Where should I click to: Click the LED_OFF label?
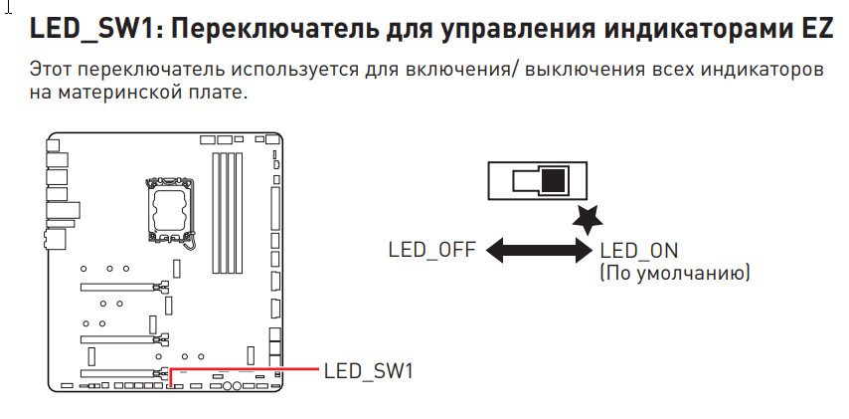point(432,249)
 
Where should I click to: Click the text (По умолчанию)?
point(674,272)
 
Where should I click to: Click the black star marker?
point(590,216)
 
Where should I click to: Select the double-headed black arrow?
point(538,251)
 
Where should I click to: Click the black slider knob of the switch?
point(553,180)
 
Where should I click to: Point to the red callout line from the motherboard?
point(249,367)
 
